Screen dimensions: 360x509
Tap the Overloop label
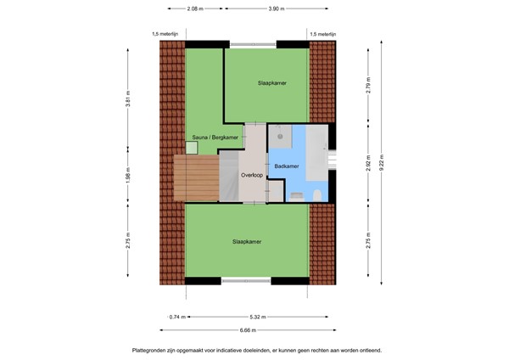click(x=251, y=176)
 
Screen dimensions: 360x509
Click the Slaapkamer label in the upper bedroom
click(x=271, y=83)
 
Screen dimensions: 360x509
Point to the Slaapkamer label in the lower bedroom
click(x=247, y=241)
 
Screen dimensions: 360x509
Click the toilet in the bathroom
click(x=314, y=195)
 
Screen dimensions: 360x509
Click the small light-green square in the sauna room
click(x=192, y=148)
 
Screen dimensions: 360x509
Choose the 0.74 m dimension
click(x=176, y=317)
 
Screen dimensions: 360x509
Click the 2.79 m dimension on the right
click(x=369, y=86)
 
